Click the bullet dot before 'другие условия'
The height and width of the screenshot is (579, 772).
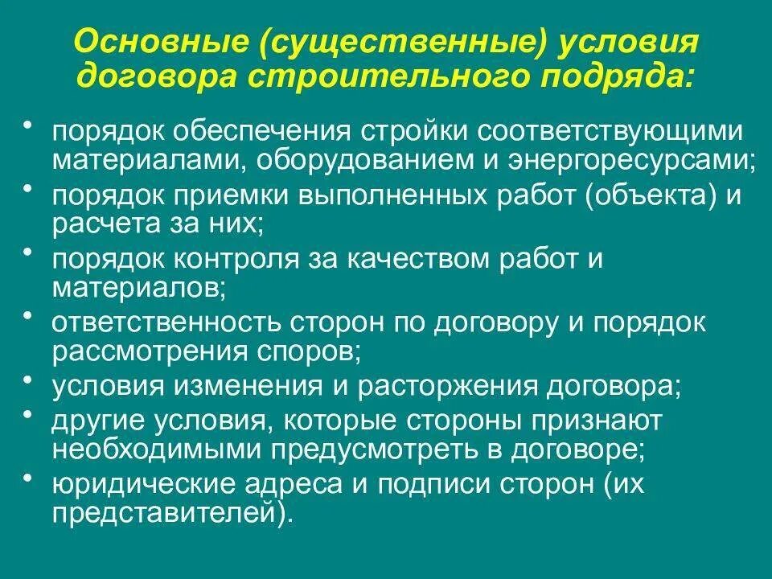click(x=29, y=415)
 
